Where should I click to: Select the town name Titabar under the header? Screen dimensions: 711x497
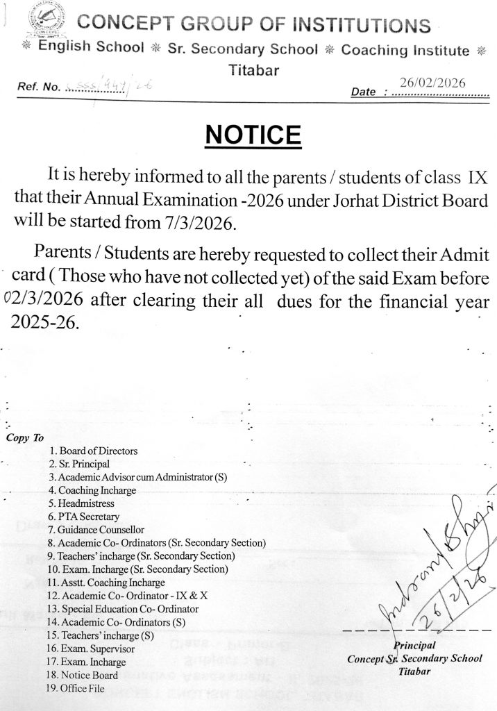coord(253,69)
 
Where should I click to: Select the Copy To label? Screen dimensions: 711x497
coord(24,437)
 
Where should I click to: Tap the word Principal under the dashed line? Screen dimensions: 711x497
coord(414,645)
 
